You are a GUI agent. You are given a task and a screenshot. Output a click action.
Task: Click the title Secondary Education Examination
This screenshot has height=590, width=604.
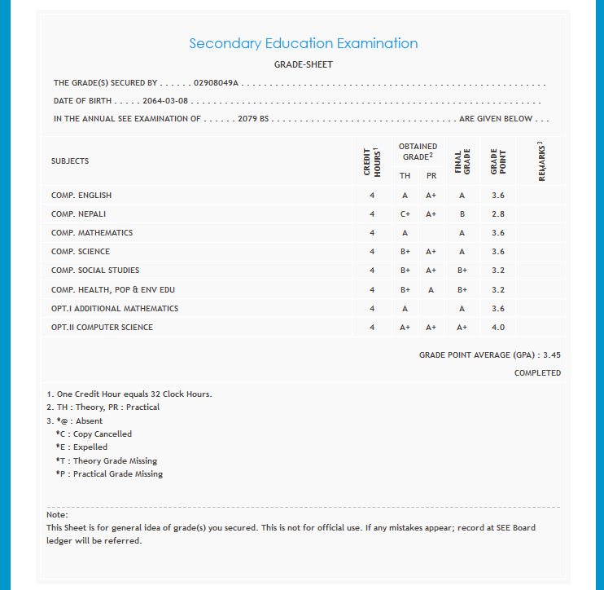(x=303, y=43)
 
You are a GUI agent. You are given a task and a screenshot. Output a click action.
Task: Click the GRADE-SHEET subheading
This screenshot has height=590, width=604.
(x=304, y=64)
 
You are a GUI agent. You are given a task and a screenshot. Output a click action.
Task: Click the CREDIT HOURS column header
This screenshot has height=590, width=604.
(x=371, y=161)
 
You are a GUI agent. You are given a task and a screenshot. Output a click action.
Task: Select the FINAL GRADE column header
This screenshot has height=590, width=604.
(x=462, y=161)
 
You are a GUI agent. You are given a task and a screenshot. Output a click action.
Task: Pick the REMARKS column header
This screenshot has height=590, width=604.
(x=541, y=161)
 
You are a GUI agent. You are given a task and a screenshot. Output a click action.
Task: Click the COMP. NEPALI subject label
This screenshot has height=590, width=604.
(x=78, y=214)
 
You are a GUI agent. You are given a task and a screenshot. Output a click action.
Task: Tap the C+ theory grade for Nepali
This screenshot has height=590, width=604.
(x=405, y=214)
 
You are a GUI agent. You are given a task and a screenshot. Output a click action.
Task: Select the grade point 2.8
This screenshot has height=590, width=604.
(x=497, y=214)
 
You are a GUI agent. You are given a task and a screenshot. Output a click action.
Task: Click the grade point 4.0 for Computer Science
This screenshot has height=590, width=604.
(x=497, y=328)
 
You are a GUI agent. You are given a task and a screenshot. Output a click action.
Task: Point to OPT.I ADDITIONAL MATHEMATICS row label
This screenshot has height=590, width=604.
(x=114, y=309)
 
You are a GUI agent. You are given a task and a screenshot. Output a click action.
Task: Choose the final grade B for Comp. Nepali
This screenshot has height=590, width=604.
(x=462, y=214)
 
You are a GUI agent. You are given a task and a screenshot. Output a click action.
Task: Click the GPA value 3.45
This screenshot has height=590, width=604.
(x=552, y=355)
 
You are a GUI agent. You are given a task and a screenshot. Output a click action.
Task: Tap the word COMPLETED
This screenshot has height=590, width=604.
(x=537, y=373)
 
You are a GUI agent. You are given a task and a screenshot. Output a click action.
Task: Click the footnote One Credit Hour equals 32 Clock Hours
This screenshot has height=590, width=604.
(x=130, y=394)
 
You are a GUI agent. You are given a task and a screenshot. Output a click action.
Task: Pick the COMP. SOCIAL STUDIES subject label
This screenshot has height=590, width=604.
(x=94, y=271)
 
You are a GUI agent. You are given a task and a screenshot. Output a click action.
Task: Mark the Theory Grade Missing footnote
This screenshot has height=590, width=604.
(x=106, y=461)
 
